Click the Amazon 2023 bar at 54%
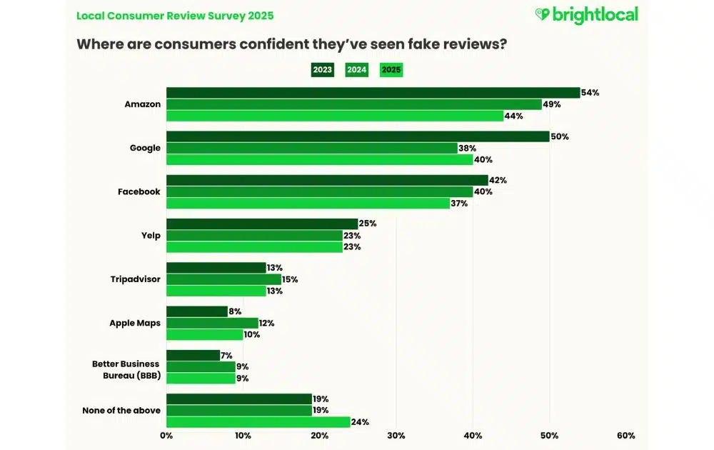373,93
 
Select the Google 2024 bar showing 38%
311,148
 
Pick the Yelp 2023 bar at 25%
261,224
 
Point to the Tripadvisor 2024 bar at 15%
223,279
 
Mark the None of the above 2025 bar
258,421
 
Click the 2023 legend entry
323,70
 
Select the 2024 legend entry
356,70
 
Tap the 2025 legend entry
391,70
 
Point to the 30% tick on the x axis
396,436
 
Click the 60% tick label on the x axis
625,436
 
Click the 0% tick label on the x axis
166,436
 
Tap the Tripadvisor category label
134,279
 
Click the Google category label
145,148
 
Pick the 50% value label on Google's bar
560,136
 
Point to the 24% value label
360,421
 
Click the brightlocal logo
586,15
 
